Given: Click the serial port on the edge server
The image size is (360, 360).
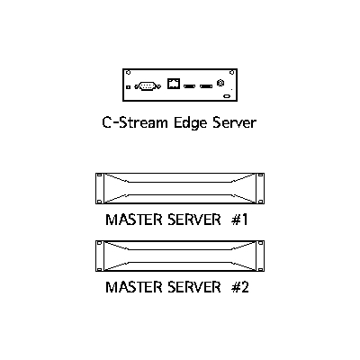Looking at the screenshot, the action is point(148,86).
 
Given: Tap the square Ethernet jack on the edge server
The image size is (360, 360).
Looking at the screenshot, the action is point(174,84).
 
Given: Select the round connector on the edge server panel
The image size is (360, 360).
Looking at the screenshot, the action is point(220,83).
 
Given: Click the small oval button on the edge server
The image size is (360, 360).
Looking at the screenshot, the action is point(227,96).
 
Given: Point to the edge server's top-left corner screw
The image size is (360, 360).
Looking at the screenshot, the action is point(129,73).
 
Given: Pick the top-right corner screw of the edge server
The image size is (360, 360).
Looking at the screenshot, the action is point(231,73).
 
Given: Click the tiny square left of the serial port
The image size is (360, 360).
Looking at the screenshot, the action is point(128,86).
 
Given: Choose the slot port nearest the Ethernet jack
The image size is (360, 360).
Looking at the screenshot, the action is point(190,86).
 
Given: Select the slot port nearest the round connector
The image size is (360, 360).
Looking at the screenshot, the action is point(206,86).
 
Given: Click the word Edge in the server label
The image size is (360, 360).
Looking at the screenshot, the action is point(191,123).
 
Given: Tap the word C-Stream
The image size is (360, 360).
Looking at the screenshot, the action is point(135,122).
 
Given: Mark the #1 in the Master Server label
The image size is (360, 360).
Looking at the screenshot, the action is point(239,220).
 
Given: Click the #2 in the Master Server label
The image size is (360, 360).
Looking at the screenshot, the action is point(240,287).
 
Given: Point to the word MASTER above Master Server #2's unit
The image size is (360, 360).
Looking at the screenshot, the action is point(133,220).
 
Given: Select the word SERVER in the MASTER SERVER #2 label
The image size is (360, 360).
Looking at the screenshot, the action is point(194,287).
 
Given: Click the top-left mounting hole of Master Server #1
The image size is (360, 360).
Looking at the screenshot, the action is point(100,175).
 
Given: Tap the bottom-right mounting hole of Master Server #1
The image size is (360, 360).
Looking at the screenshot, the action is point(260,202).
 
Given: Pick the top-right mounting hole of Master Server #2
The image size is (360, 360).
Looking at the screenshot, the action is point(260,243).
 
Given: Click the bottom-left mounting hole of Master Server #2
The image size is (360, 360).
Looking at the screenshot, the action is point(100,269).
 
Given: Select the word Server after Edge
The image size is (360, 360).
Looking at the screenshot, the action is point(235,122).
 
